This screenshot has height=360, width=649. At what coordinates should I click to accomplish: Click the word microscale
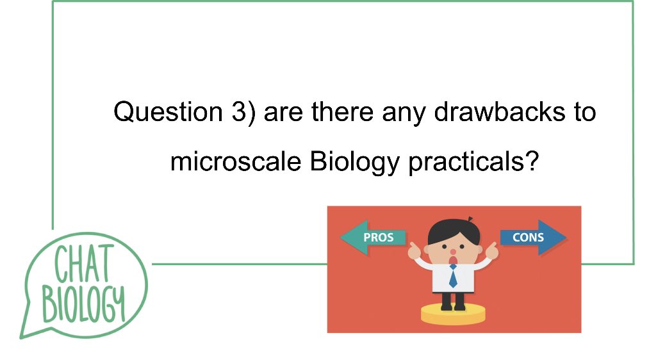[x=236, y=161]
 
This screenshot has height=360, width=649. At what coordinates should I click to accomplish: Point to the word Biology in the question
[x=354, y=163]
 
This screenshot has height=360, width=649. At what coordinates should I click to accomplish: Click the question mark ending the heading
[x=529, y=161]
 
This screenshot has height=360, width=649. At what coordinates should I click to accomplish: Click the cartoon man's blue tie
[x=453, y=276]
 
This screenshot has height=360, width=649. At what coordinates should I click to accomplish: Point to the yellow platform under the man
[x=453, y=313]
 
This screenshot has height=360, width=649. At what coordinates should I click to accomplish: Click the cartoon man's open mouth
[x=453, y=251]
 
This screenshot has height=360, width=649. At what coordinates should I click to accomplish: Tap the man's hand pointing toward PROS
[x=414, y=249]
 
